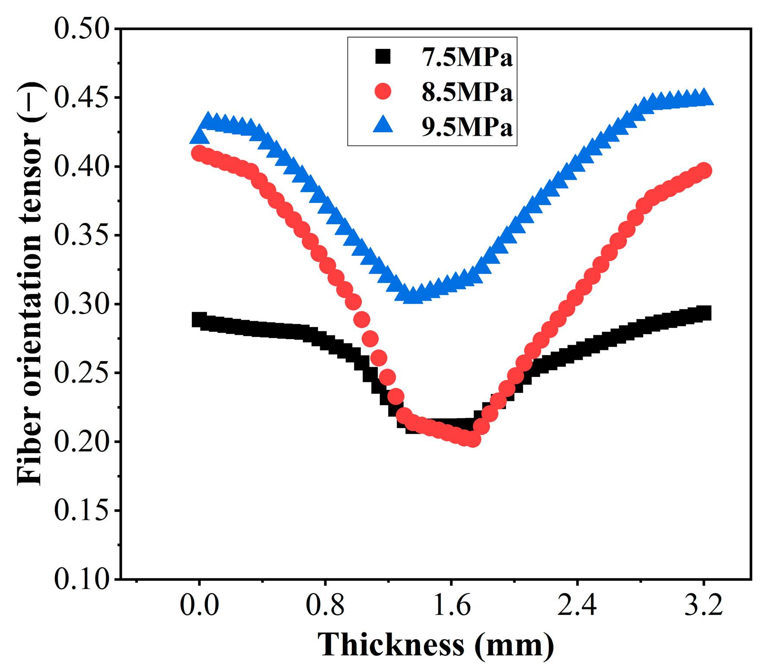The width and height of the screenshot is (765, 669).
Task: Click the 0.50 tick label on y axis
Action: point(81,29)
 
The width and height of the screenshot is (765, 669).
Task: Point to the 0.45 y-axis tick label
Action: point(81,98)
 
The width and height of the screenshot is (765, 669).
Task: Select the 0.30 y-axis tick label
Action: point(81,304)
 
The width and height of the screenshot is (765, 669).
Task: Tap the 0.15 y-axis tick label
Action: point(81,510)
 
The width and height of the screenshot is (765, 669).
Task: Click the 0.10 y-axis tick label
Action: point(81,579)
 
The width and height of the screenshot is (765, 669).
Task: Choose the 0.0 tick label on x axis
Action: point(199,606)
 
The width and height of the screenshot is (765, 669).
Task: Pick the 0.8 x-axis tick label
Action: point(325,606)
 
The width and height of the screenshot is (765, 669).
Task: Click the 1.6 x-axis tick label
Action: point(451,606)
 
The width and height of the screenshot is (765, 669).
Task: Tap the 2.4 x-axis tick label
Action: point(577,606)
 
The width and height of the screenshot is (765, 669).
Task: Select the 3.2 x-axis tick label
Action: point(703,606)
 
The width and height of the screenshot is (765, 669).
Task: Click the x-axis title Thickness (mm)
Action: point(435,645)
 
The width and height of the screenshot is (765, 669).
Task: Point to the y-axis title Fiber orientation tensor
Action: point(29,283)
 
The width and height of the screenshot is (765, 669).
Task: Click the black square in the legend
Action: point(382,56)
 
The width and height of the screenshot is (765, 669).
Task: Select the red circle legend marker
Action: point(382,91)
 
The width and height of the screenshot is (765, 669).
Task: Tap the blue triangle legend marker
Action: point(382,125)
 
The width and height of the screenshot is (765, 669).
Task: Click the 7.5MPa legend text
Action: point(467,57)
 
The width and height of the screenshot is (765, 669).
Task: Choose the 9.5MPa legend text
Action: point(467,127)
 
